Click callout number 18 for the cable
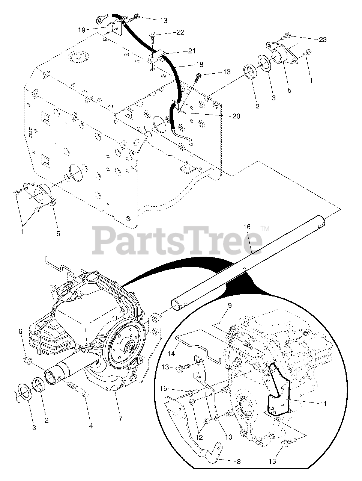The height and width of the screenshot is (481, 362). pyautogui.click(x=193, y=64)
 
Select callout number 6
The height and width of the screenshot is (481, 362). pyautogui.click(x=21, y=331)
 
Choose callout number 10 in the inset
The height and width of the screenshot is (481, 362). pyautogui.click(x=228, y=437)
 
